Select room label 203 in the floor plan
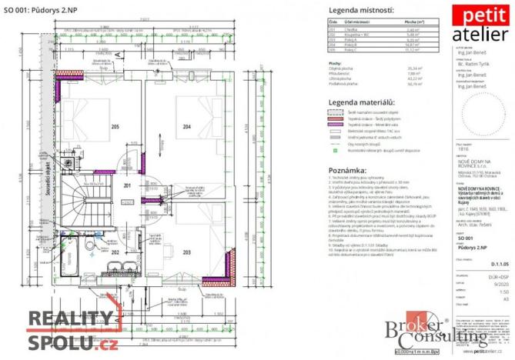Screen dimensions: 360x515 (x=186, y=252)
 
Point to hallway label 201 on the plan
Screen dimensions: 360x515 (x=129, y=185)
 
